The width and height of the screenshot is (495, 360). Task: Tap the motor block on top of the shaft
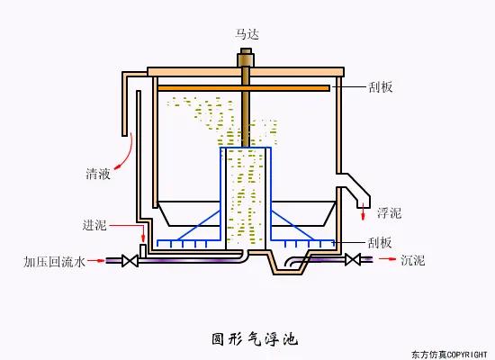246,60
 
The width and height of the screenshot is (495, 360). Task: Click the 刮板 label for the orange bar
381,88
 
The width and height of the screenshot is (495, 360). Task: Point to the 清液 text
98,174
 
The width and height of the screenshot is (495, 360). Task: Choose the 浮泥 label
389,213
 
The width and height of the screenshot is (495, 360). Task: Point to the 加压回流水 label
54,262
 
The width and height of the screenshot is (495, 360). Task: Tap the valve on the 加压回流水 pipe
129,261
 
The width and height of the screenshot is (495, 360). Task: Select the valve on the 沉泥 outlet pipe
353,260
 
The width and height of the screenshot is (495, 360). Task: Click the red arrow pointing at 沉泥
386,260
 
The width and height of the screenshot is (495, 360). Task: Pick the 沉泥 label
413,261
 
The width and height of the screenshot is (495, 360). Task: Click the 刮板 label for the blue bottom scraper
381,242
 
